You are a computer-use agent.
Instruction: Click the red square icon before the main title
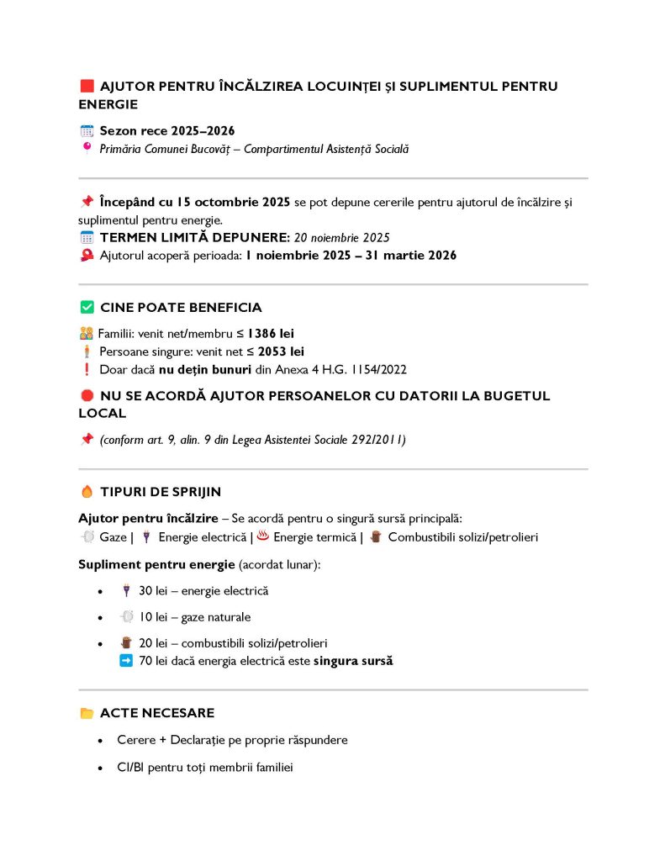click(87, 87)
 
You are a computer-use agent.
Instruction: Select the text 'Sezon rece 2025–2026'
click(166, 131)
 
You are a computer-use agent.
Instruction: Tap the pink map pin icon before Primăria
click(87, 149)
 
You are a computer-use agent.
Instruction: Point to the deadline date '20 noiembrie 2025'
click(341, 238)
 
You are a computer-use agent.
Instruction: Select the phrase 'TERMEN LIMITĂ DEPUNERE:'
click(194, 238)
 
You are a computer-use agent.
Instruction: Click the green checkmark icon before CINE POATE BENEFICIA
click(87, 308)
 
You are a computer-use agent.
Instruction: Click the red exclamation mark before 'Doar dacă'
click(87, 369)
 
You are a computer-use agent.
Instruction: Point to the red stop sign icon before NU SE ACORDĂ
click(87, 396)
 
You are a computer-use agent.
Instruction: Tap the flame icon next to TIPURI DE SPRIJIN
click(87, 492)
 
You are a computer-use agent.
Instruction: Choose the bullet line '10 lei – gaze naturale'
click(195, 617)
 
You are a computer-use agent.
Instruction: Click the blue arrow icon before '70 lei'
click(126, 661)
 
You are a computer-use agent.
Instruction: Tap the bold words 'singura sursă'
click(352, 661)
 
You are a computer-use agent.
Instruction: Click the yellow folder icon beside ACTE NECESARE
click(87, 713)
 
